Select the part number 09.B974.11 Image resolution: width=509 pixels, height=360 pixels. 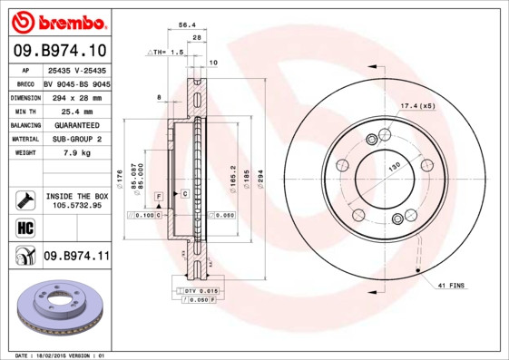[x=75, y=256]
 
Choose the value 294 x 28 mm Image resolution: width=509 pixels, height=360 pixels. [x=75, y=96]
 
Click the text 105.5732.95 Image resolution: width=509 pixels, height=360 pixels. [x=76, y=205]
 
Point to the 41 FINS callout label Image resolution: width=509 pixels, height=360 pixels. [x=452, y=287]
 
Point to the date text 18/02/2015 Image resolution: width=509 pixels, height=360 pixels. [x=61, y=355]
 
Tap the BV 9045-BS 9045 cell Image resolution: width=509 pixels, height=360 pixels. [x=76, y=83]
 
